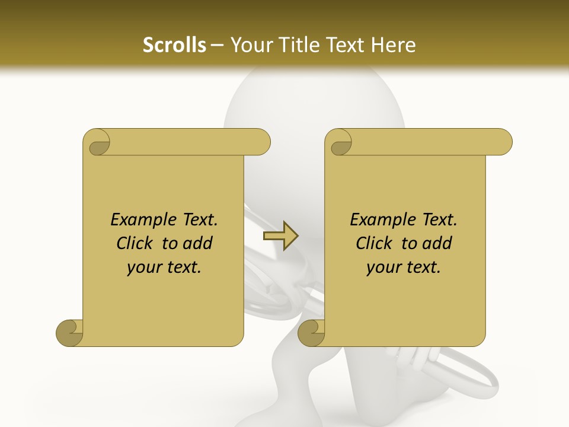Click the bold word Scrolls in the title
coord(174,45)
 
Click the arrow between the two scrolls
coord(280,236)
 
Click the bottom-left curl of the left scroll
coord(70,333)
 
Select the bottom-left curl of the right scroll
coord(312,333)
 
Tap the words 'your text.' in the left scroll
coord(164,267)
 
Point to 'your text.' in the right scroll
coord(404,267)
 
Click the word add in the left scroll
coord(198,244)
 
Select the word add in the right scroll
coord(437,244)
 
